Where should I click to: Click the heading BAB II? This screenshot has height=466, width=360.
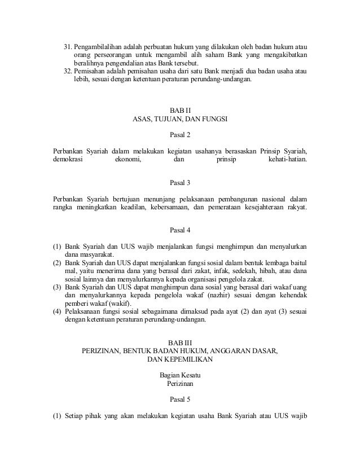click(x=181, y=110)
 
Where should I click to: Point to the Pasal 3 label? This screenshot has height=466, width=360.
click(x=181, y=182)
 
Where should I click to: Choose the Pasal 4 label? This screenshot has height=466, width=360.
click(x=181, y=230)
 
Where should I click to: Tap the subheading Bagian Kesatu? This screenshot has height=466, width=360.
click(x=181, y=375)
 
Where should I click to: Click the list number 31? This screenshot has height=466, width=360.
click(x=67, y=45)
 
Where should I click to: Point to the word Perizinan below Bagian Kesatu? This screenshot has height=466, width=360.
click(x=181, y=383)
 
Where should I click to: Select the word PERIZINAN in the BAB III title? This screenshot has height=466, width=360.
click(x=106, y=350)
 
